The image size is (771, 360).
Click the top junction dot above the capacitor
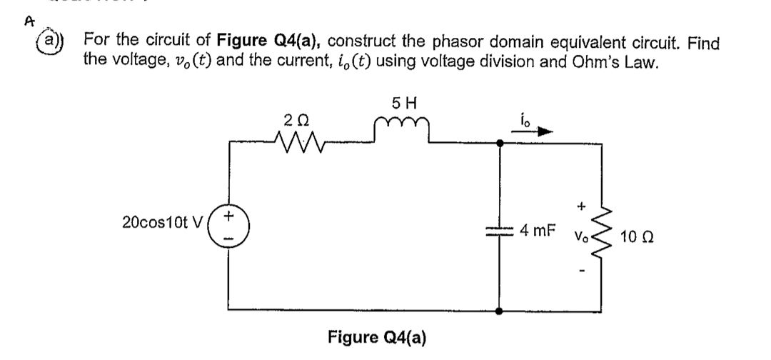coord(498,143)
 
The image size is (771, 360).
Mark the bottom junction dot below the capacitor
coord(498,311)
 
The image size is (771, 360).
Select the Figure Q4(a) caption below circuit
coord(376,337)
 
